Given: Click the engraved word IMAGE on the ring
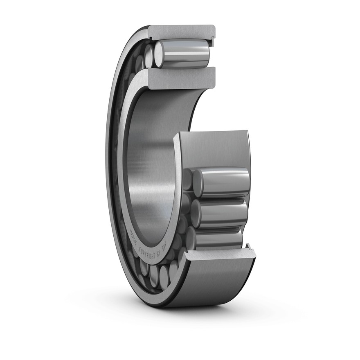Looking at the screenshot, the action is click(134, 236).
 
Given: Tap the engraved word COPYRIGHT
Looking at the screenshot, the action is click(147, 253).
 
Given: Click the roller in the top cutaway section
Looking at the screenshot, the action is click(181, 54).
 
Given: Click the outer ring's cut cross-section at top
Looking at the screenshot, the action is click(182, 32).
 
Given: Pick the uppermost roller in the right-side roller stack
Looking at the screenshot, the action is click(221, 183).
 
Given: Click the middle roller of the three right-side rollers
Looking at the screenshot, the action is click(219, 214).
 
